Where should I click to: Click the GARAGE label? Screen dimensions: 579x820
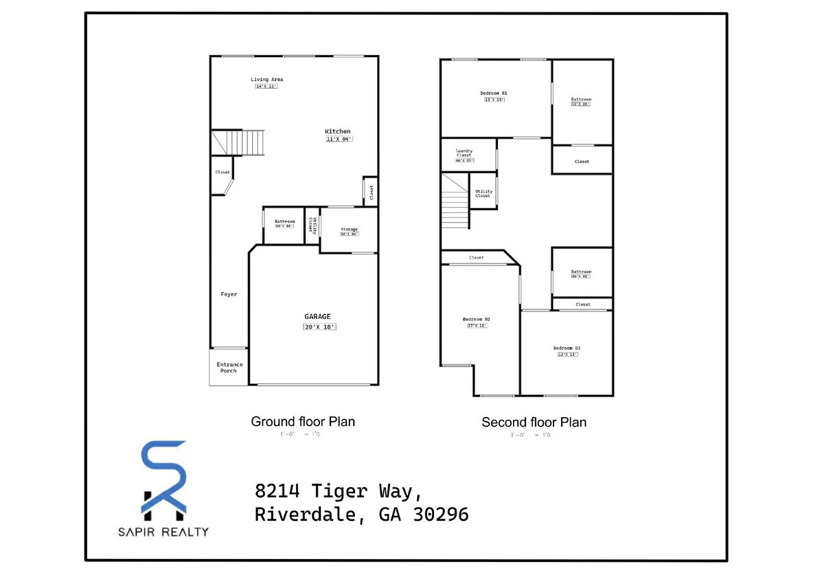[x=317, y=316]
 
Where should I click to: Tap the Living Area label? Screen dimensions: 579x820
[x=266, y=80]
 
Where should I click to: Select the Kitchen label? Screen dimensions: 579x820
[x=337, y=131]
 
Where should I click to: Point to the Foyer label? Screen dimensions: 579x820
[x=229, y=294]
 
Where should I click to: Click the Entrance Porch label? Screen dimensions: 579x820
[x=229, y=368]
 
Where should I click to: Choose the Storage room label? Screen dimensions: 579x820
[x=349, y=229]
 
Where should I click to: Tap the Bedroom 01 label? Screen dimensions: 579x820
[x=494, y=93]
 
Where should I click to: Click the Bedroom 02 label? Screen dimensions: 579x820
[x=476, y=319]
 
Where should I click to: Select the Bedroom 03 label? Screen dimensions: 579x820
[x=567, y=348]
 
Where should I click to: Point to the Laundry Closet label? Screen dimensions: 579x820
[x=464, y=153]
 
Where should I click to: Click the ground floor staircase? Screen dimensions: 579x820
[x=238, y=142]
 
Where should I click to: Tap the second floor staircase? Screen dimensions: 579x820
[x=455, y=202]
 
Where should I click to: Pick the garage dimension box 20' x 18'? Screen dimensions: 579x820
[x=319, y=327]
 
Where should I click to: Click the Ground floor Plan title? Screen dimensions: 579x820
[x=303, y=421]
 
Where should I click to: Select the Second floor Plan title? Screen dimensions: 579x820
[x=534, y=422]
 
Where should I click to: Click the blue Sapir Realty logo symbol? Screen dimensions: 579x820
[x=163, y=479]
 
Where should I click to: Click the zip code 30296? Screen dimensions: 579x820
[x=441, y=515]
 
